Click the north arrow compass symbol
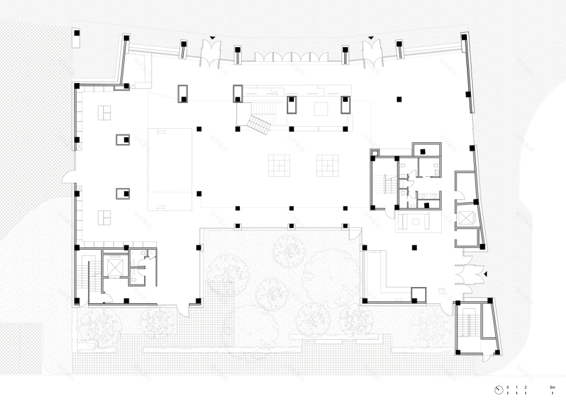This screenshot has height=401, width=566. [499, 389]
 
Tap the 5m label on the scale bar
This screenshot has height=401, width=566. [552, 387]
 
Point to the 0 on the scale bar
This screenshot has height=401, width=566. [508, 387]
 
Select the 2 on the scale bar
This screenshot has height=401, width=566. [526, 387]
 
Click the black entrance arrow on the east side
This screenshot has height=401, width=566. [487, 275]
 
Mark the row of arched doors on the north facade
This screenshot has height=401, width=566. [290, 57]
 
